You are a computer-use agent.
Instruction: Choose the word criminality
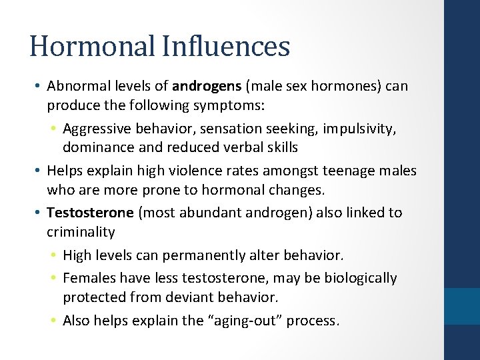[81, 232]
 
